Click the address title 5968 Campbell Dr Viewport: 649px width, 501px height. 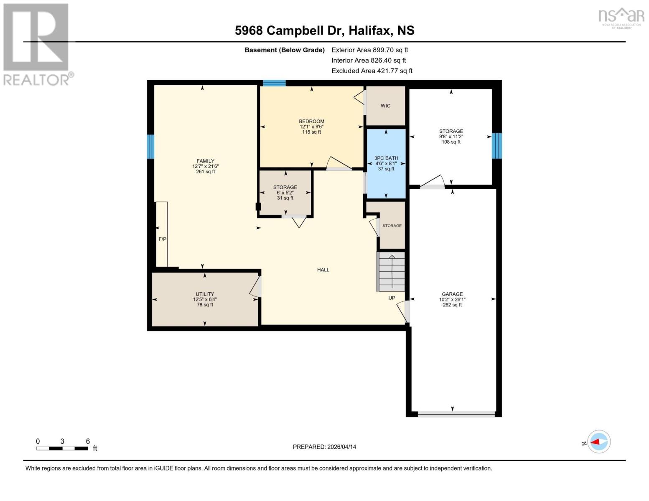[324, 30]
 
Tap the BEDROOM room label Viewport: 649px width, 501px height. [311, 121]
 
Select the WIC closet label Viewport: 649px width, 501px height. [385, 106]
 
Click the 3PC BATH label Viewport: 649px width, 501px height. [386, 158]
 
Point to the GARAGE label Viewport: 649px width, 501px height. [452, 294]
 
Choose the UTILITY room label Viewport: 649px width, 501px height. [205, 294]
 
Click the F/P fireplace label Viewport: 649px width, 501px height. [162, 239]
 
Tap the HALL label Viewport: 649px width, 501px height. [323, 270]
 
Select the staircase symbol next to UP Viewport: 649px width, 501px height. [391, 272]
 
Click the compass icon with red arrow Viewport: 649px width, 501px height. [599, 442]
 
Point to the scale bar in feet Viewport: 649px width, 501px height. [62, 448]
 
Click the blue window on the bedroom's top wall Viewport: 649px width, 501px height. [274, 83]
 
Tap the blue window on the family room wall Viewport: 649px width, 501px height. [150, 147]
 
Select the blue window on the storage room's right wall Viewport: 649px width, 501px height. [496, 146]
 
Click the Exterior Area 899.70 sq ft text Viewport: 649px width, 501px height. [369, 50]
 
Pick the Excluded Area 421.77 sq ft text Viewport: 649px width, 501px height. [372, 71]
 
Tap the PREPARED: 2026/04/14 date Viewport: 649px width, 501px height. [324, 447]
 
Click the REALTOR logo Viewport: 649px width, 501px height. [37, 44]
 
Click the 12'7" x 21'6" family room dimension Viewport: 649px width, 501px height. [205, 166]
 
